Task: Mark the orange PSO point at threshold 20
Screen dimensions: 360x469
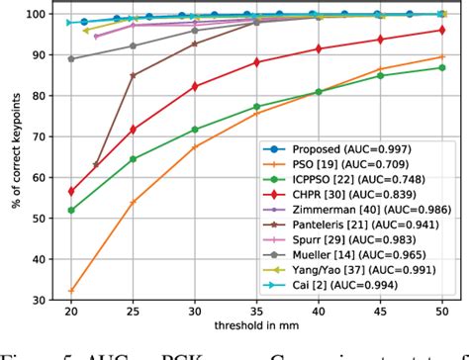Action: tap(71, 291)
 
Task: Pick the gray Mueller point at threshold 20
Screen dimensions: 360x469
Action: tap(71, 59)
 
